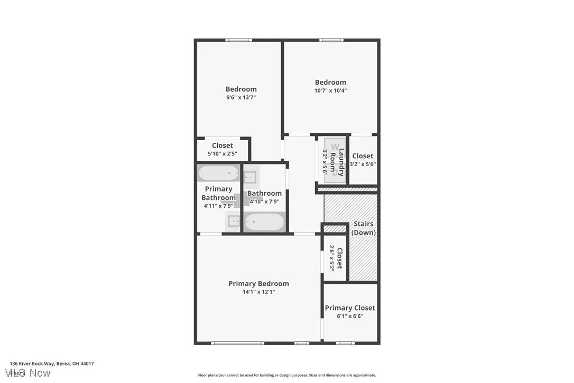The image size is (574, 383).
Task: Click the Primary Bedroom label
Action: [258, 284]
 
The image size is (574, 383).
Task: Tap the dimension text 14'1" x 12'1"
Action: [258, 292]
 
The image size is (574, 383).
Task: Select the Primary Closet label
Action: [350, 308]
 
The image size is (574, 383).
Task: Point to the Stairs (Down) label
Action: [364, 228]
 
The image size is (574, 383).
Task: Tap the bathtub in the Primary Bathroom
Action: [219, 173]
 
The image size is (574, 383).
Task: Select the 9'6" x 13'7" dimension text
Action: [241, 97]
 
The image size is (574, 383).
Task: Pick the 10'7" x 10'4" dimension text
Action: [330, 90]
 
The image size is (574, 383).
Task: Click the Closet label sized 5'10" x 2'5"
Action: [223, 145]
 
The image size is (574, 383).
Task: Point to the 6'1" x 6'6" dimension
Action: [350, 316]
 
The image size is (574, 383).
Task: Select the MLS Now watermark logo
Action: [30, 373]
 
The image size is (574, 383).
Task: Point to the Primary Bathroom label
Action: [218, 193]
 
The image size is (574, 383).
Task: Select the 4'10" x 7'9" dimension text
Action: [264, 202]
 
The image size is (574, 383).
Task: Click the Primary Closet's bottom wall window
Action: [345, 343]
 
